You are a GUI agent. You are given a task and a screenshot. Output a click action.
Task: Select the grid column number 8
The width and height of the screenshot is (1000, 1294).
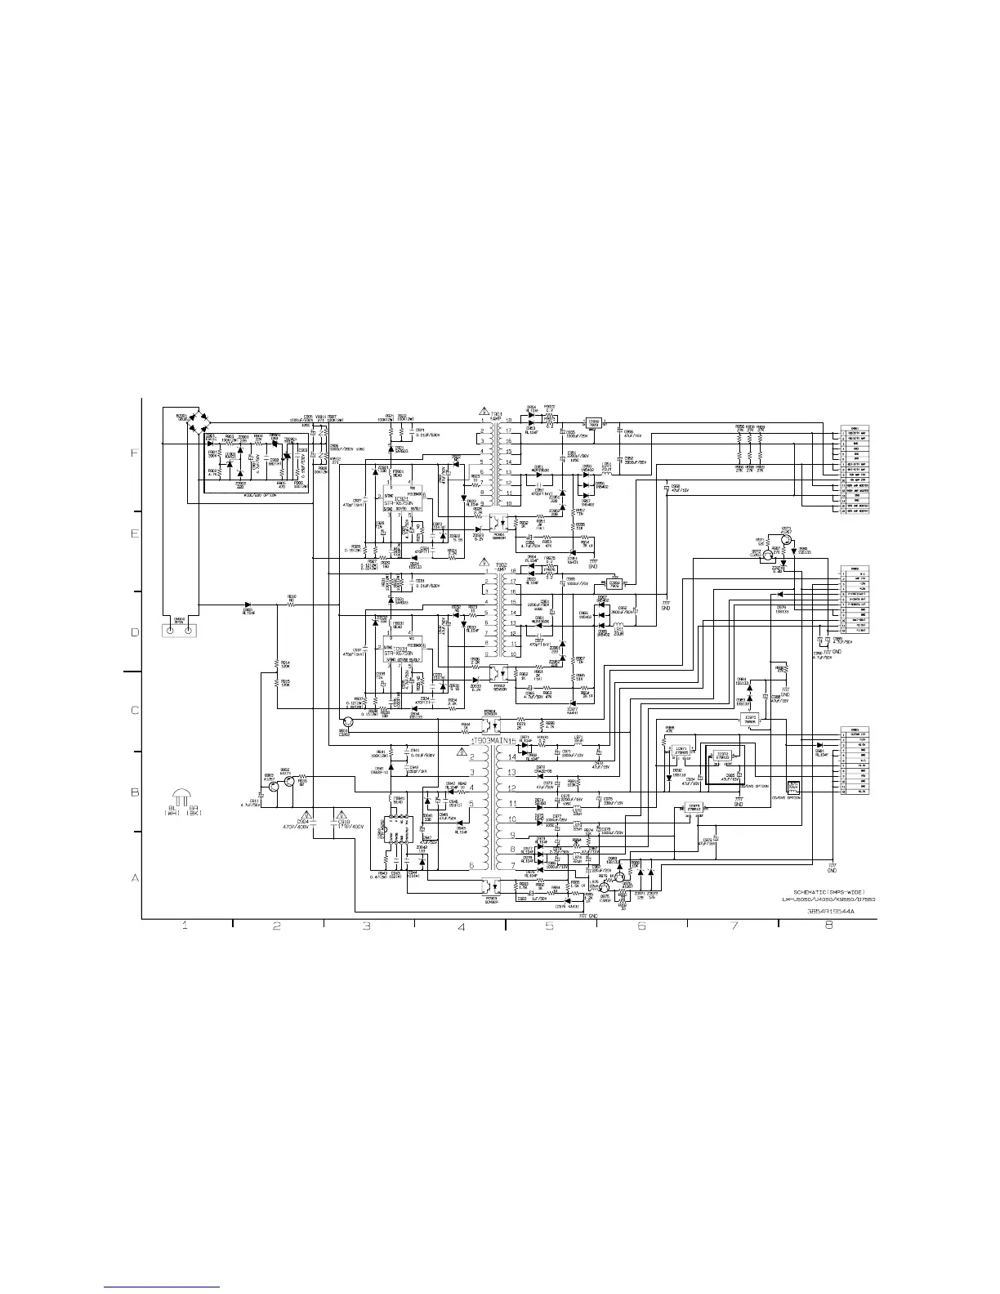click(828, 926)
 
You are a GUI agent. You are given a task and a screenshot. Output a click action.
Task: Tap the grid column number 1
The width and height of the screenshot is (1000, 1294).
click(185, 926)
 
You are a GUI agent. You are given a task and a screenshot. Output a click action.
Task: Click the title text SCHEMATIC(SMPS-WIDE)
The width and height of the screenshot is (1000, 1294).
click(828, 890)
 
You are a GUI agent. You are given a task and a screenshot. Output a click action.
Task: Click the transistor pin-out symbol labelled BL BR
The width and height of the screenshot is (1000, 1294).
click(182, 800)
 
